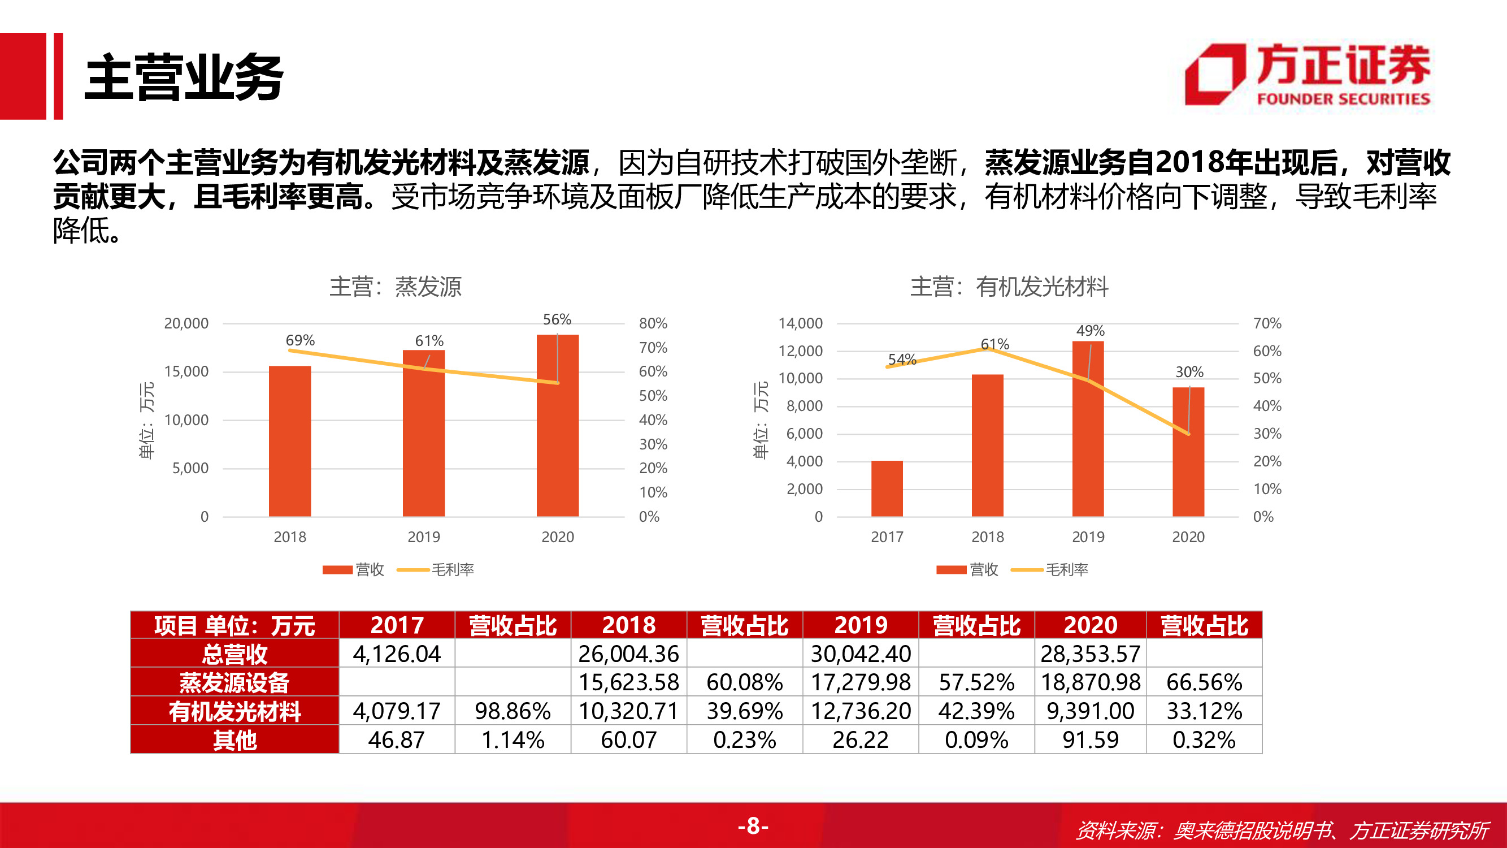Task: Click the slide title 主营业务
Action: click(x=184, y=77)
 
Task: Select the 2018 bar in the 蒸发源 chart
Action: click(x=289, y=442)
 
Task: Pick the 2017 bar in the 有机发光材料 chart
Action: click(x=887, y=488)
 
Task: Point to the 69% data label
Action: click(x=300, y=340)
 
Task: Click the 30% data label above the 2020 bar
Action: click(x=1189, y=371)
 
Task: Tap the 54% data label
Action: click(x=902, y=360)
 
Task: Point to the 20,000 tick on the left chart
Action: click(x=186, y=323)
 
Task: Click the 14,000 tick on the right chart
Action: click(x=800, y=323)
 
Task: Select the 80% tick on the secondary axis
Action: click(x=653, y=323)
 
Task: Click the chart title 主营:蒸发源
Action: click(x=396, y=287)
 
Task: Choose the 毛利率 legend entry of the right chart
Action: click(x=1050, y=569)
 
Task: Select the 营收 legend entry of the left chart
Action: click(x=353, y=569)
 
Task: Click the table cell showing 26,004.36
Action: click(x=628, y=654)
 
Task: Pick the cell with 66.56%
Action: click(x=1204, y=682)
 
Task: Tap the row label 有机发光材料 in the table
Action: click(x=234, y=711)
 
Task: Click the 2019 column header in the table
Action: click(x=861, y=625)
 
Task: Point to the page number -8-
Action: click(x=753, y=826)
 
